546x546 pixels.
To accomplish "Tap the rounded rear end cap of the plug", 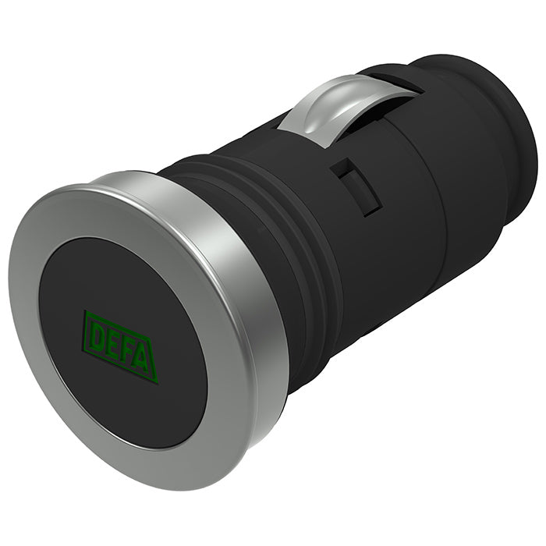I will pyautogui.click(x=499, y=133).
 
